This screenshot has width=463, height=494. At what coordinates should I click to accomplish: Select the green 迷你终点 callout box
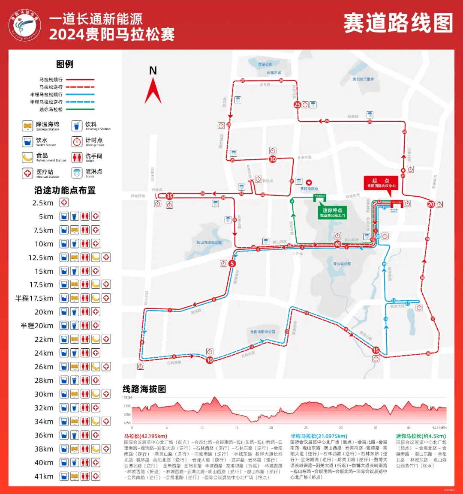[332, 213]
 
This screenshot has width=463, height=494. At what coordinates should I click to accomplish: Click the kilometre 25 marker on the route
[297, 105]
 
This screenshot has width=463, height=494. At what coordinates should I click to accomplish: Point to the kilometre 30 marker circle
[273, 159]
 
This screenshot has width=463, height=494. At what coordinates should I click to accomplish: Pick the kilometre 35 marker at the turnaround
[169, 196]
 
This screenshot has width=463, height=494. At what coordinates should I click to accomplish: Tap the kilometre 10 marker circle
[210, 360]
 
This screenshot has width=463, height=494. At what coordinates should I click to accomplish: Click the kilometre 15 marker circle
[376, 350]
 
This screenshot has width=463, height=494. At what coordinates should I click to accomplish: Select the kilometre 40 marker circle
[337, 244]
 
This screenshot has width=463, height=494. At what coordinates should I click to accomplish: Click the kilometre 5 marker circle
[232, 263]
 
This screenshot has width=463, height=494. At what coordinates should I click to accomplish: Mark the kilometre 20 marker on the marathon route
[431, 204]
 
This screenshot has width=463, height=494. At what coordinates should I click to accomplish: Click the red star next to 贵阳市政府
[309, 183]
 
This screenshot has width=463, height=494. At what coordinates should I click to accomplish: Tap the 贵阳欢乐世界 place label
[363, 79]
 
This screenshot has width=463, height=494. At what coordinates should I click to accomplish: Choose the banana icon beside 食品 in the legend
[28, 157]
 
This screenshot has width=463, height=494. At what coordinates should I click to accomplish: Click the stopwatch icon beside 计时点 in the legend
[77, 141]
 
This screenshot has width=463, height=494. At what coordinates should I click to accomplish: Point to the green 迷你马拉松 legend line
[79, 109]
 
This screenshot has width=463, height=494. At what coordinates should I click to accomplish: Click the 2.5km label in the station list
[43, 203]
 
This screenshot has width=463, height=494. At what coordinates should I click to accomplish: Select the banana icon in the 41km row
[75, 476]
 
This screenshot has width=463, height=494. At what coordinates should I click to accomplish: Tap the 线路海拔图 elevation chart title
[144, 389]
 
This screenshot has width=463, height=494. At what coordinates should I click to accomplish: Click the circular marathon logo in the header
[24, 25]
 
